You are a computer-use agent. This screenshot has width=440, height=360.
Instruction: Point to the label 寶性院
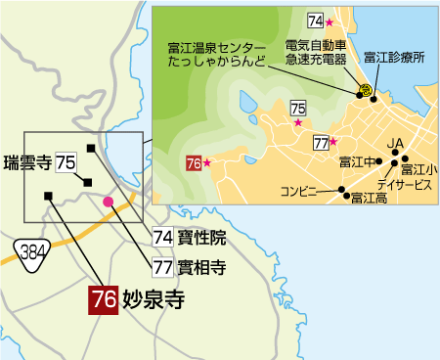pyautogui.click(x=202, y=236)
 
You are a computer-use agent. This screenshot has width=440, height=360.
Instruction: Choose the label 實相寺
pyautogui.click(x=202, y=264)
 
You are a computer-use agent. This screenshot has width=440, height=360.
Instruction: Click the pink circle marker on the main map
pyautogui.click(x=109, y=202)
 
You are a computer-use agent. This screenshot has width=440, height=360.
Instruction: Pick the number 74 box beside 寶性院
pyautogui.click(x=162, y=236)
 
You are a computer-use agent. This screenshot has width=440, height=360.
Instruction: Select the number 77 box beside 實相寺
pyautogui.click(x=162, y=264)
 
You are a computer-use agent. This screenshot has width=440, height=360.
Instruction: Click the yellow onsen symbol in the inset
pyautogui.click(x=364, y=90)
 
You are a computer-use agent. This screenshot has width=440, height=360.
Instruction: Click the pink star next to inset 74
pyautogui.click(x=330, y=22)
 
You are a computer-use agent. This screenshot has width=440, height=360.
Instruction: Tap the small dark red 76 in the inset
pyautogui.click(x=193, y=163)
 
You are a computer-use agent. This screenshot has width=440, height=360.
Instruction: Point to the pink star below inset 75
pyautogui.click(x=297, y=123)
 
